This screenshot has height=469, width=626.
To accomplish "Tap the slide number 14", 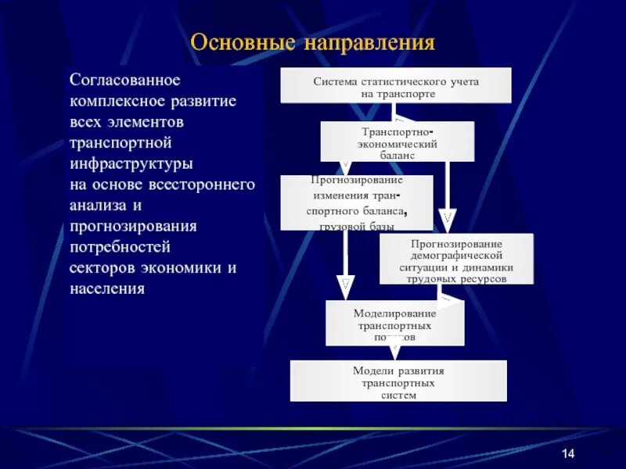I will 568,455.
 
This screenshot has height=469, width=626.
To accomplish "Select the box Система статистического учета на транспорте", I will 396,86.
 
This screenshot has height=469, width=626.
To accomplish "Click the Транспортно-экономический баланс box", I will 398,142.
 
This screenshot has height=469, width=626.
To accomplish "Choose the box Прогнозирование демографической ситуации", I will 456,259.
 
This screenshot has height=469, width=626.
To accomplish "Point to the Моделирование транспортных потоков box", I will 394,323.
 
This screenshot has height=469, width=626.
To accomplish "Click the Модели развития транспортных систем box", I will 398,381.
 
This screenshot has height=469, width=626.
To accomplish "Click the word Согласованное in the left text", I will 125,81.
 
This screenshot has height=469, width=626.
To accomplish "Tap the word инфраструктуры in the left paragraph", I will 131,164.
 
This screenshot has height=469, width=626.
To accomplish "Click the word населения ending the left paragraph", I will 107,288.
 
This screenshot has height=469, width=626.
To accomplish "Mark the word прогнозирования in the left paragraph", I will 133,227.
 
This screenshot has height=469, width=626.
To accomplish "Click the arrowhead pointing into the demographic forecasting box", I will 447,217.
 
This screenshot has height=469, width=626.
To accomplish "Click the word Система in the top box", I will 335,81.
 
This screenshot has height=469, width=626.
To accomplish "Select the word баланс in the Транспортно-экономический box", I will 397,156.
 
